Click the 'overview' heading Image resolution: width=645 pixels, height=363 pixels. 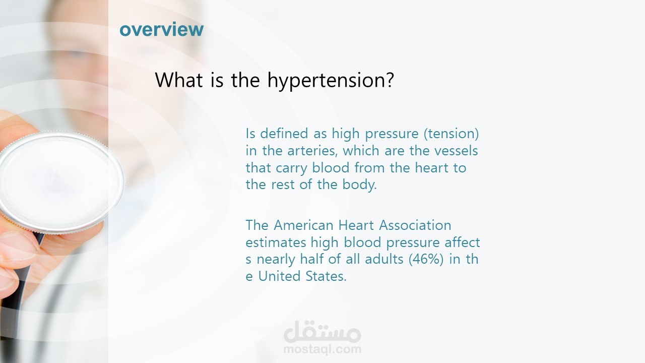(162, 29)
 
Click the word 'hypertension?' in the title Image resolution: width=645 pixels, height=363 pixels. (331, 81)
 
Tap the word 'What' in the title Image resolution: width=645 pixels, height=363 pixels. (179, 80)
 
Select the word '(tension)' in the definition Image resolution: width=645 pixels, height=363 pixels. (451, 134)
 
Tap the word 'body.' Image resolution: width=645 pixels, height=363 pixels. (359, 185)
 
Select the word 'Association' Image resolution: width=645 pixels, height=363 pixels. (415, 225)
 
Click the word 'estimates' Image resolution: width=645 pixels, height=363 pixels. (276, 243)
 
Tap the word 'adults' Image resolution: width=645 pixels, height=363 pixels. (383, 259)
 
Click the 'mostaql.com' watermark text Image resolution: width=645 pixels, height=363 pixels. (322, 349)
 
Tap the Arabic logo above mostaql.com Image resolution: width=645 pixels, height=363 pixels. (322, 331)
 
